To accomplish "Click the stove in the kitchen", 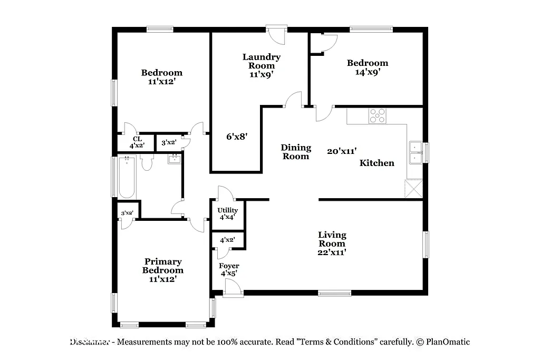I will pos(377,115).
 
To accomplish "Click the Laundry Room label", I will pos(261,61).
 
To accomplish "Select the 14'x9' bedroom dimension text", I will pos(368,72).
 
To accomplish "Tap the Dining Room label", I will pos(295,152).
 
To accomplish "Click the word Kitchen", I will pos(377,163).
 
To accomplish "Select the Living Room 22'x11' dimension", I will pos(332,252).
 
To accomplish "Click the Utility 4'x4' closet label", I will pos(227,213).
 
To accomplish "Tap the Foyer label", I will pos(229,266).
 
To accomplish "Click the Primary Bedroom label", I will pos(163,266).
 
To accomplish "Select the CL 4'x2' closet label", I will pos(137,142).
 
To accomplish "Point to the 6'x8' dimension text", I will pos(237,137).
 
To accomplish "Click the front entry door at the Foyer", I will pos(233,288).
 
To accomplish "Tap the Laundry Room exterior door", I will pos(276,35).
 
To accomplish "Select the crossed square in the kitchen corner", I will pos(414,188).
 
